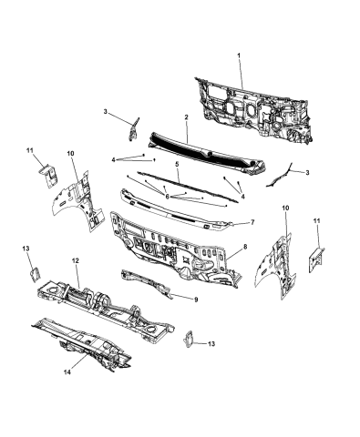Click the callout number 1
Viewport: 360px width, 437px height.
[240, 57]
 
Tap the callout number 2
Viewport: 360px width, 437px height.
[185, 117]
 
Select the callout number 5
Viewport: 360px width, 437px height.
[176, 164]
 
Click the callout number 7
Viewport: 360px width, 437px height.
[252, 221]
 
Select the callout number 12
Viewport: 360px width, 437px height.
[76, 259]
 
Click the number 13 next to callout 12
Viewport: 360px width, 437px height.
[26, 248]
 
